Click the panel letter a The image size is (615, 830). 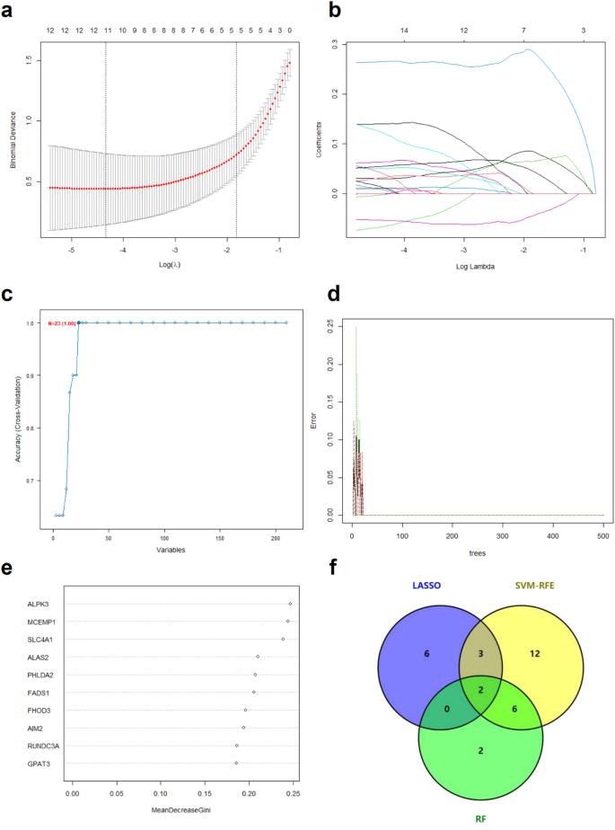[9, 11]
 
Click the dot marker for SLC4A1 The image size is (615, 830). [283, 639]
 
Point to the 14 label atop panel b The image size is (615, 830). [404, 31]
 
